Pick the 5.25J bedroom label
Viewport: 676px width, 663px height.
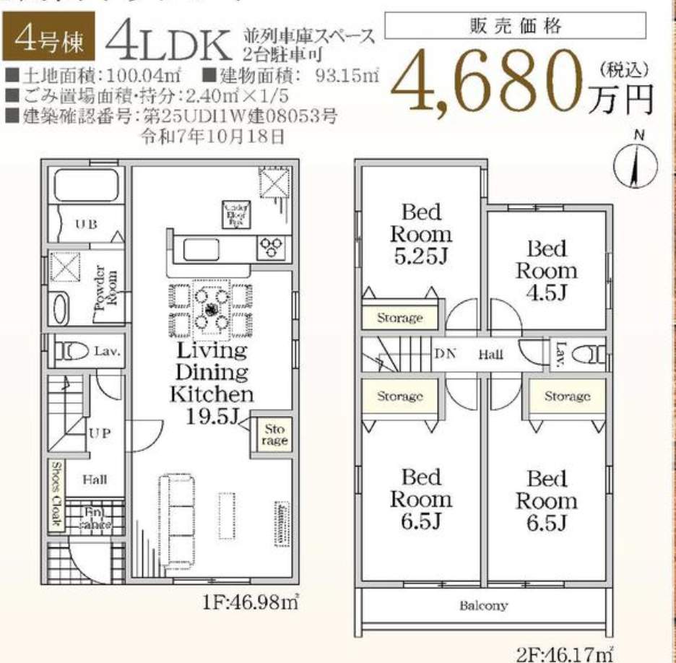coord(421,234)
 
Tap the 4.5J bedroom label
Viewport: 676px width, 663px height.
coord(546,271)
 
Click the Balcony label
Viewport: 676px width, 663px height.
coord(483,605)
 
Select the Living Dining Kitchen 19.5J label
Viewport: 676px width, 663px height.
coord(212,383)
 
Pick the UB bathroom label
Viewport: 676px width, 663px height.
coord(85,223)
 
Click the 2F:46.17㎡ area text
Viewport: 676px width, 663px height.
coord(565,654)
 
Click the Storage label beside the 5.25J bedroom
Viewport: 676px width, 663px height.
coord(399,318)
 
